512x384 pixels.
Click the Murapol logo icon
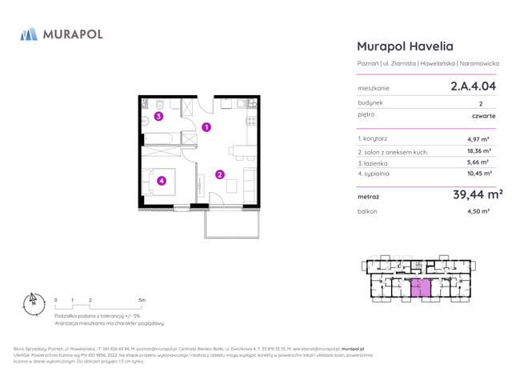[x=29, y=34]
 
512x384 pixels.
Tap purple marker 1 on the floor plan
[x=206, y=127]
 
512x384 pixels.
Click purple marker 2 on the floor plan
[x=219, y=174]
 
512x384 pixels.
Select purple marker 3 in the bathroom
[x=159, y=117]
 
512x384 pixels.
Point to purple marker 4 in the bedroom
[x=162, y=181]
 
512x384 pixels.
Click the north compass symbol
[x=33, y=302]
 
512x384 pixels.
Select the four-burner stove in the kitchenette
[x=250, y=121]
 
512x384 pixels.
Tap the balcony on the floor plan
[x=232, y=223]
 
